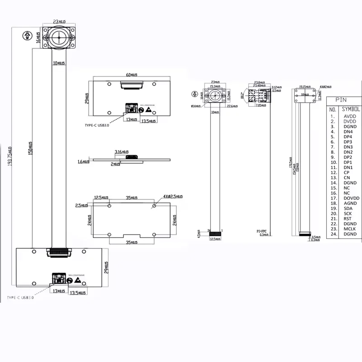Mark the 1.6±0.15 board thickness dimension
click(83, 161)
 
